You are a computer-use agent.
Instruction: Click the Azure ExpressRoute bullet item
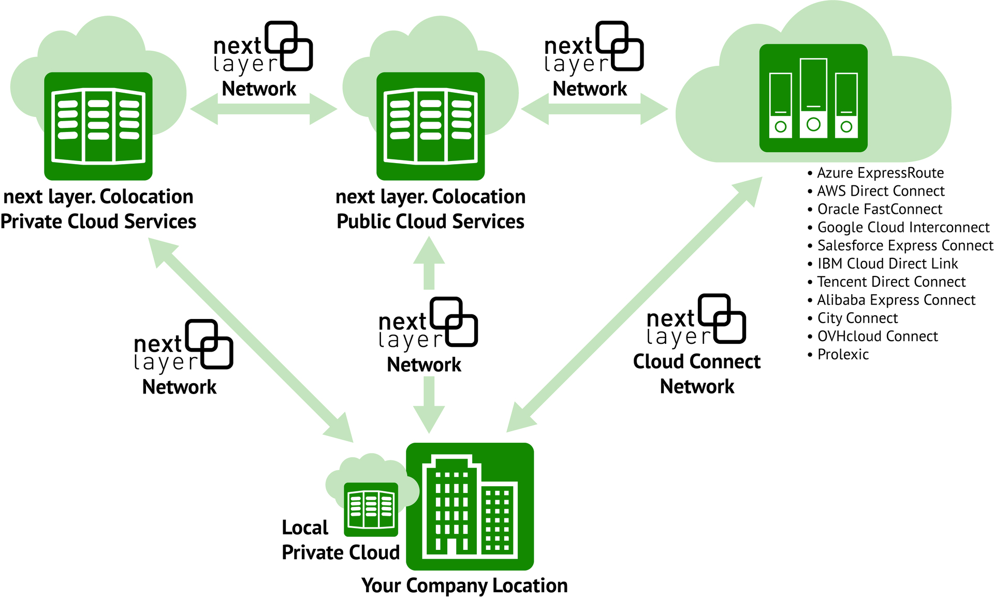pyautogui.click(x=880, y=173)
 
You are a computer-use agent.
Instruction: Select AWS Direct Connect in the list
pyautogui.click(x=880, y=191)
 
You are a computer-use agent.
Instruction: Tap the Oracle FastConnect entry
pyautogui.click(x=880, y=209)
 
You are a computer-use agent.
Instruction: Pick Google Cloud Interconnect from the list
pyautogui.click(x=903, y=227)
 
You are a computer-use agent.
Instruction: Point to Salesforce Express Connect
pyautogui.click(x=905, y=245)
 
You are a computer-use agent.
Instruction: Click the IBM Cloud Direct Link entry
pyautogui.click(x=887, y=264)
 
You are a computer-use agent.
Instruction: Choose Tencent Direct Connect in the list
pyautogui.click(x=891, y=282)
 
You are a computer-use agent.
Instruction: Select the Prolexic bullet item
pyautogui.click(x=843, y=355)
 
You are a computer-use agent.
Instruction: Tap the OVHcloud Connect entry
pyautogui.click(x=877, y=337)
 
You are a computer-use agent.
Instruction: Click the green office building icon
pyautogui.click(x=470, y=506)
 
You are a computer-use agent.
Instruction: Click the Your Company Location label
pyautogui.click(x=464, y=586)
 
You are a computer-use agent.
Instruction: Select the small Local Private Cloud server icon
pyautogui.click(x=371, y=509)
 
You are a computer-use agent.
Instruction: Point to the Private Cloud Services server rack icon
pyautogui.click(x=98, y=126)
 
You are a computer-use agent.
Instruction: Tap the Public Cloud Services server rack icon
pyautogui.click(x=430, y=126)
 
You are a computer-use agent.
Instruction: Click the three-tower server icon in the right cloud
pyautogui.click(x=813, y=98)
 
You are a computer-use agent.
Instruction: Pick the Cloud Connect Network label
pyautogui.click(x=697, y=374)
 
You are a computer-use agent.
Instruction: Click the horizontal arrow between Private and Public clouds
pyautogui.click(x=264, y=109)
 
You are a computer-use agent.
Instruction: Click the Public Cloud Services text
pyautogui.click(x=430, y=222)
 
